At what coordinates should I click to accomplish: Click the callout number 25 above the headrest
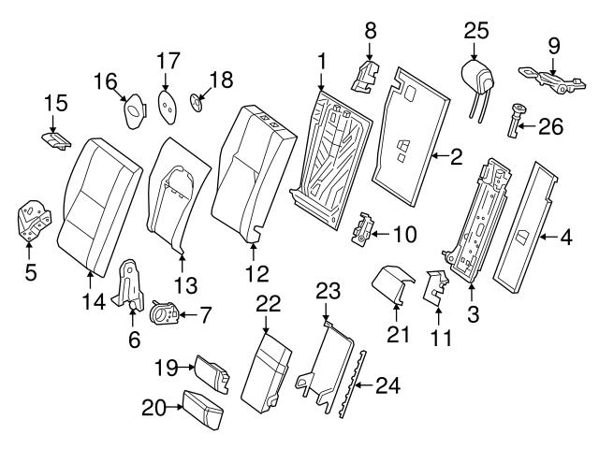[x=476, y=31]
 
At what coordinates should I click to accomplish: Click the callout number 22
[x=268, y=305]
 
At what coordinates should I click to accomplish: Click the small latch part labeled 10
[x=363, y=232]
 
